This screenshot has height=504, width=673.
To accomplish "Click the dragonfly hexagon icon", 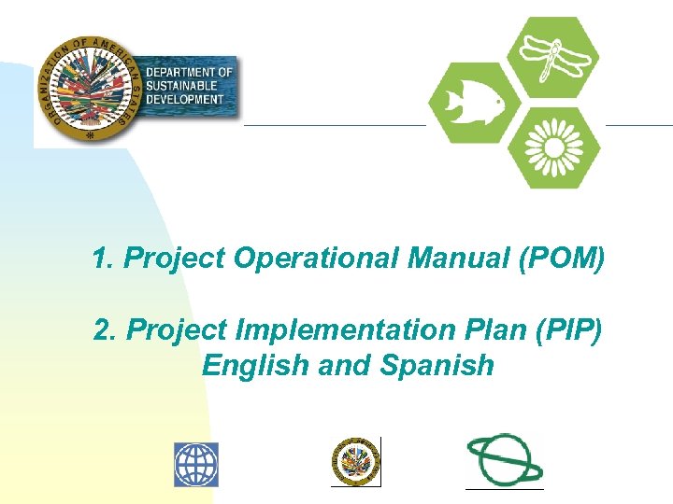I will coord(559,57).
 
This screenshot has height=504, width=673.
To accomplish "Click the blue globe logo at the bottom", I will coord(195,464).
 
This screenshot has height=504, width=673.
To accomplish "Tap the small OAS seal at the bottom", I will coord(355,461).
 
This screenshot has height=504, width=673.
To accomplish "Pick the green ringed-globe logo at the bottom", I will coord(504,459).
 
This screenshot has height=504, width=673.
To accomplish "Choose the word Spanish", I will coord(437,365).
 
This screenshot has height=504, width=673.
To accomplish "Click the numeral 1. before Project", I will coord(104,259).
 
